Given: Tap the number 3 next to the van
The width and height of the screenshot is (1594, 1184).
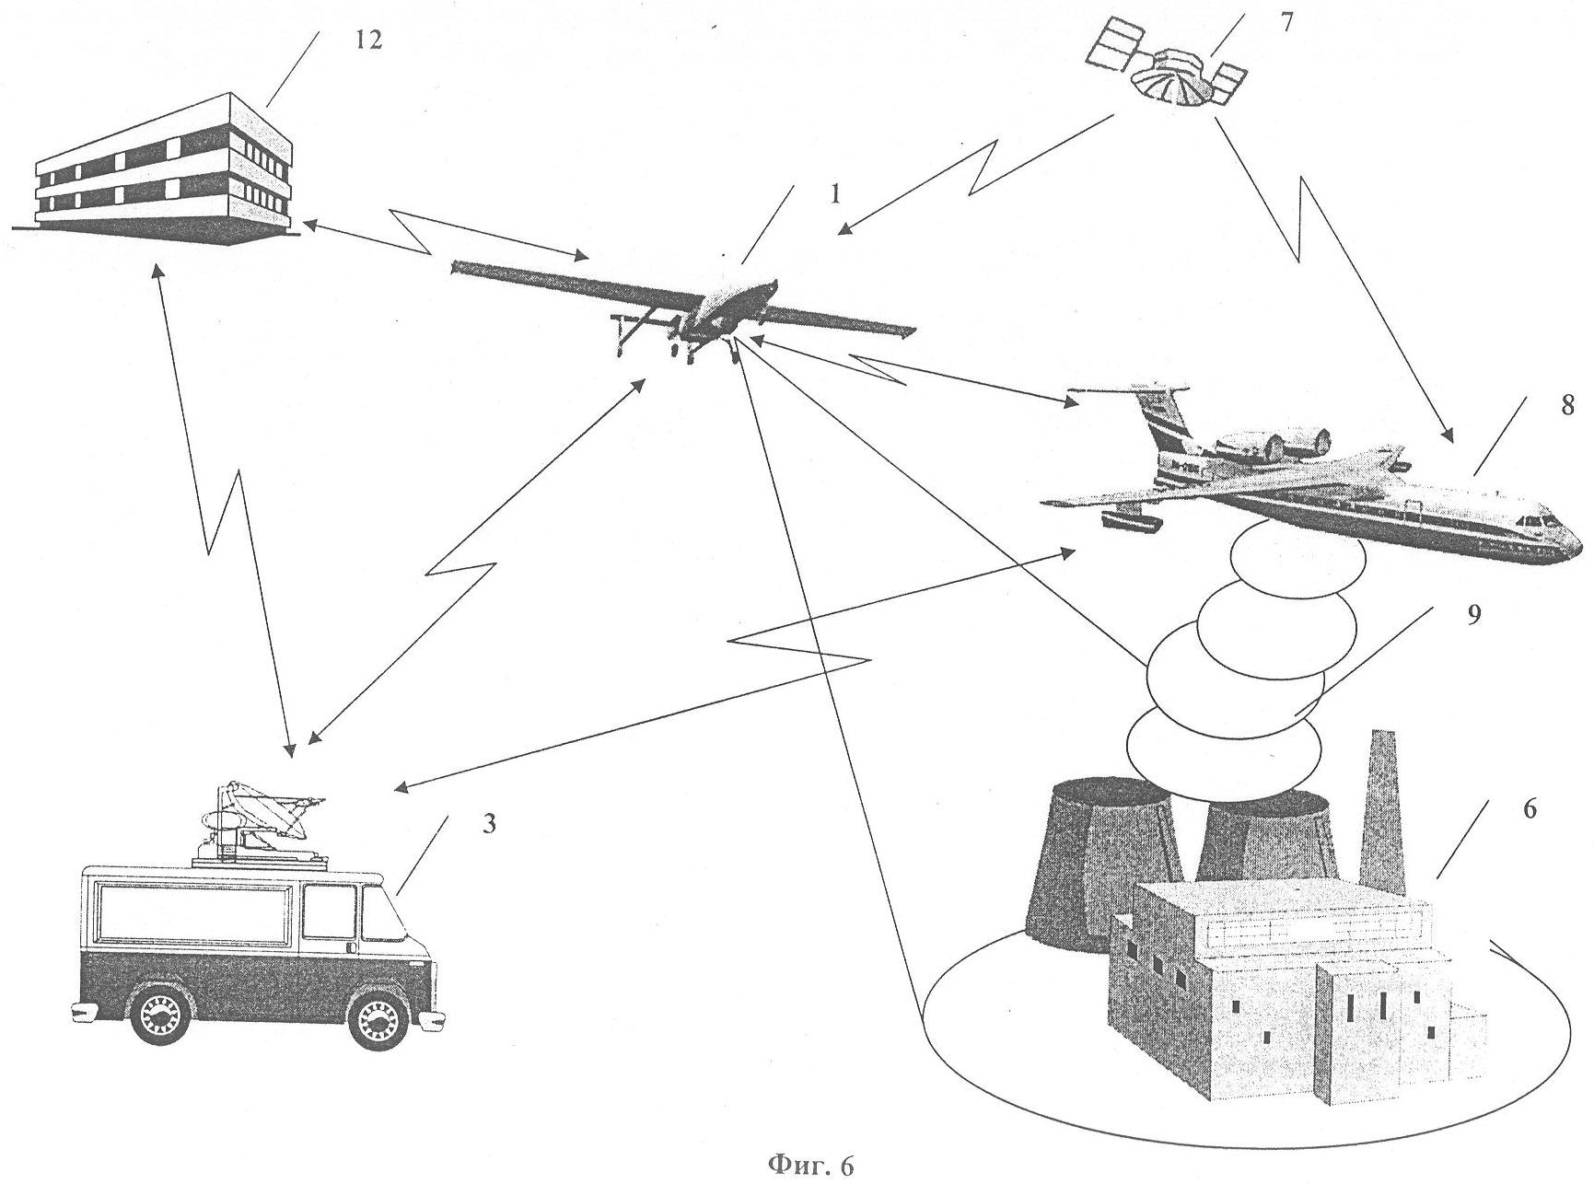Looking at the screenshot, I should click(x=489, y=822).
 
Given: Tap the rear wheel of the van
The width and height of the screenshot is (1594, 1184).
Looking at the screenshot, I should click(x=161, y=1016).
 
